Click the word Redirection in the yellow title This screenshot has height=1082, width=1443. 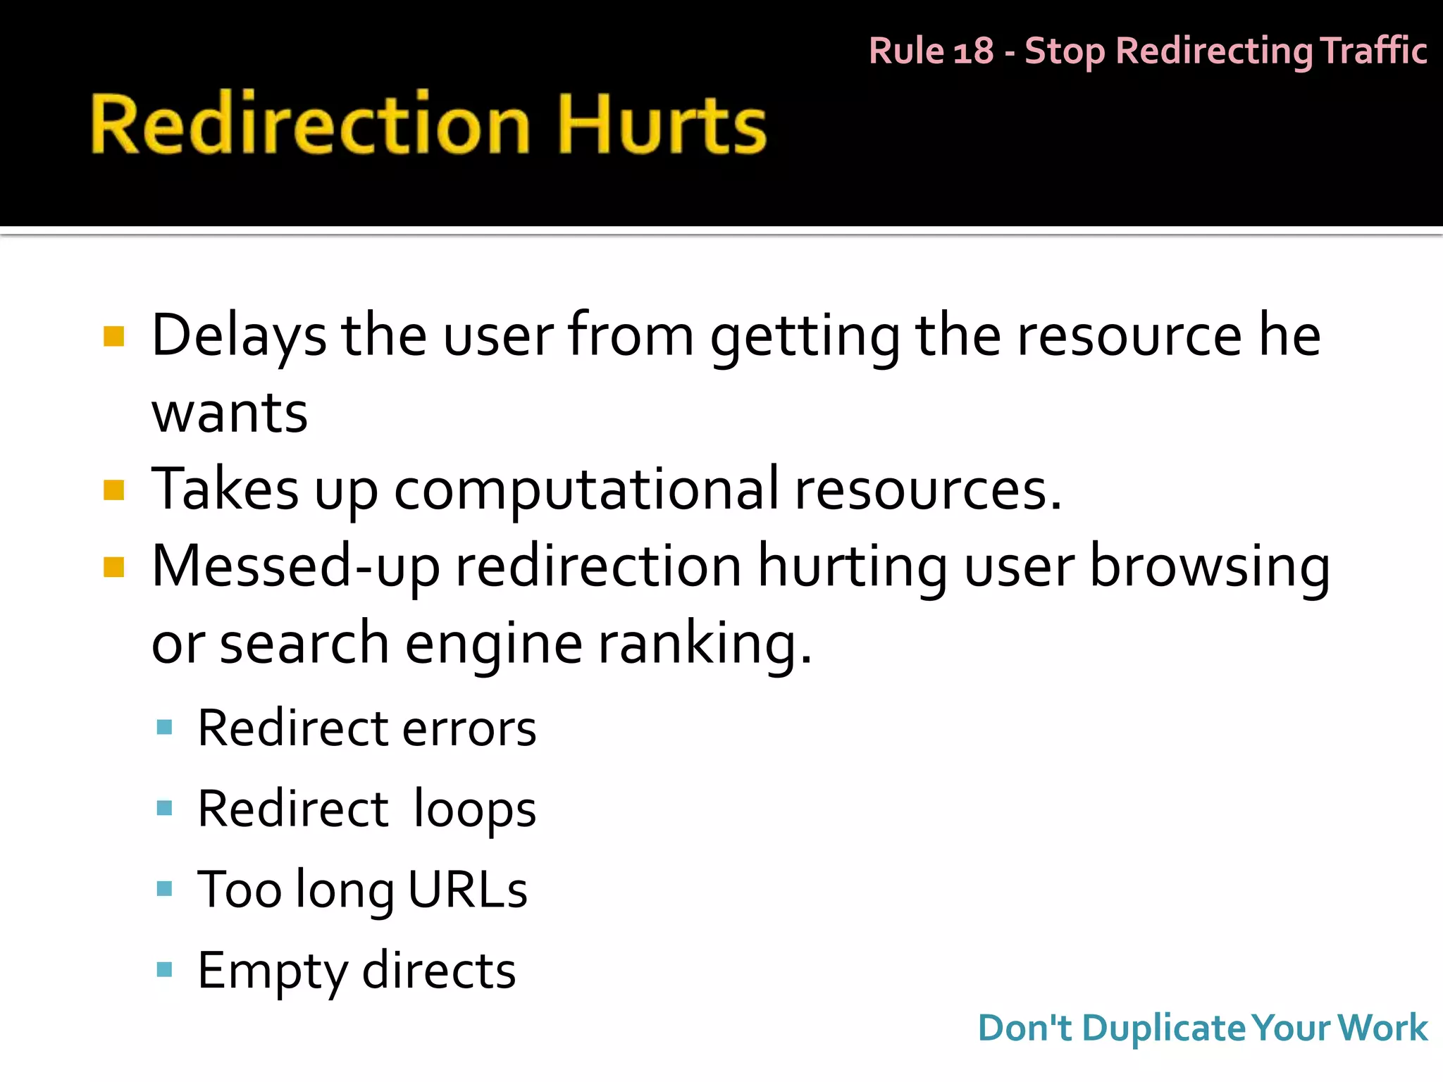(310, 125)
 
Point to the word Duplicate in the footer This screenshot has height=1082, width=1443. (1165, 1028)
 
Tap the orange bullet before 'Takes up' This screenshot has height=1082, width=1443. (113, 490)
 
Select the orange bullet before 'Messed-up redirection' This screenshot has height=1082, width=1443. (113, 567)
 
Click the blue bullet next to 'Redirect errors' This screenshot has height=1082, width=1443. (164, 728)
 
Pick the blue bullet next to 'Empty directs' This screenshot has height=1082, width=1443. (164, 970)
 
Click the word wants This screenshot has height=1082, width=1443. (230, 413)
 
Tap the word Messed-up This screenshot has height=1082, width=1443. (296, 567)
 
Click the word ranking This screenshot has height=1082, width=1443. (705, 645)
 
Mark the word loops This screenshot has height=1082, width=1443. (474, 810)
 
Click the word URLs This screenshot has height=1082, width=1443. (467, 890)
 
